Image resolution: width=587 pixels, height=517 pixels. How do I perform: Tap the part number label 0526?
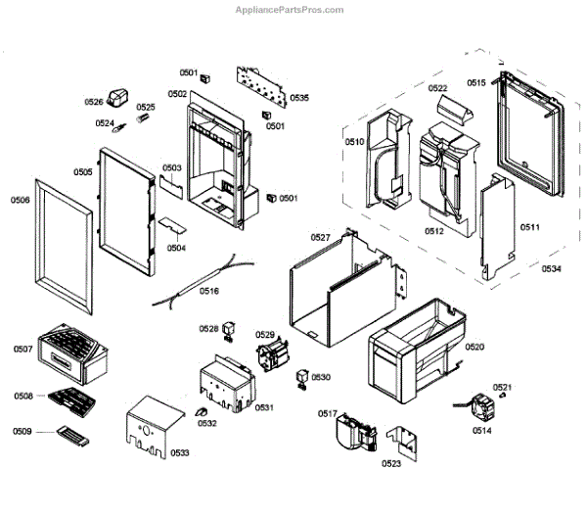tap(94, 102)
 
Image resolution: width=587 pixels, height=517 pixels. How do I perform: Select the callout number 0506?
tap(20, 200)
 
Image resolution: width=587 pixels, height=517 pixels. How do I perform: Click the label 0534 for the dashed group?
tap(552, 268)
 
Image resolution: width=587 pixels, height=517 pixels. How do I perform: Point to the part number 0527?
tap(320, 238)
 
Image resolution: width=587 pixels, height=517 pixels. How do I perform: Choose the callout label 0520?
tap(474, 348)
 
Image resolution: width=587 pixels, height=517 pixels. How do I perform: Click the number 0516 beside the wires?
tap(209, 291)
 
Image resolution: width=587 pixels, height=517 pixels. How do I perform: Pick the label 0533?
tap(179, 452)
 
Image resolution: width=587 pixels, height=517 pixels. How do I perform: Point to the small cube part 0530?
tap(303, 378)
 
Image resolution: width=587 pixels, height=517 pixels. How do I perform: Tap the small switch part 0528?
tap(230, 329)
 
